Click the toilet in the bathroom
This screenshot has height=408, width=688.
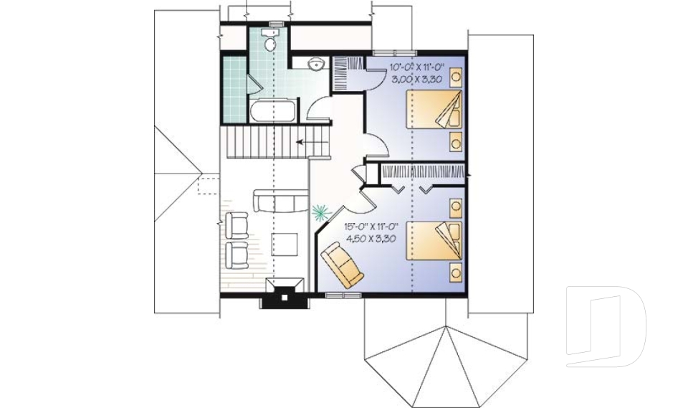(269, 42)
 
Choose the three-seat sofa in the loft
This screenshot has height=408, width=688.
(279, 202)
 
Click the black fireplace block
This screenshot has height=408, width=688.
(282, 295)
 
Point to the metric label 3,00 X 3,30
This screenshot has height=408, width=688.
(416, 79)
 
